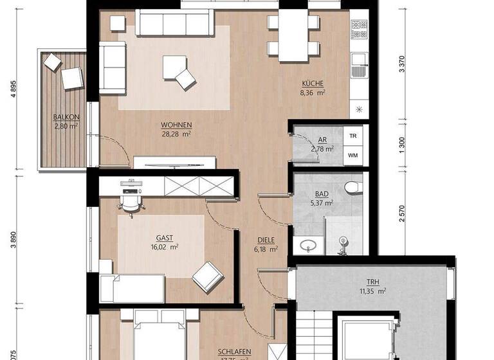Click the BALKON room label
[x=66, y=117]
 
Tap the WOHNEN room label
[x=177, y=125]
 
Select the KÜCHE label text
[x=313, y=83]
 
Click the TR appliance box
[x=352, y=136]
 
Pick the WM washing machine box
[x=352, y=155]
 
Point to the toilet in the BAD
[x=351, y=187]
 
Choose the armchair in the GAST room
[x=208, y=275]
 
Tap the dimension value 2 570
[x=402, y=213]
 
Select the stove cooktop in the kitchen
[x=358, y=28]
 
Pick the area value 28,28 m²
[x=177, y=134]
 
